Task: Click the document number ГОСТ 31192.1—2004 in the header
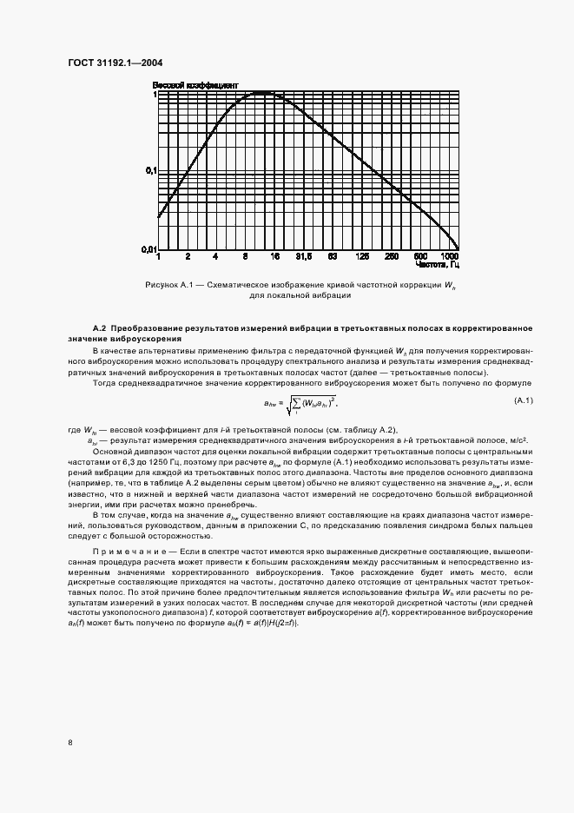115,63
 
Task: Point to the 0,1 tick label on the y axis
148,171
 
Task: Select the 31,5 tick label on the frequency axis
303,257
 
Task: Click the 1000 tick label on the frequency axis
449,257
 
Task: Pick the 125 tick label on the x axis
362,257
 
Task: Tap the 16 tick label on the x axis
274,257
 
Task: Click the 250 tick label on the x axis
391,257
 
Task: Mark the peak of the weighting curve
266,93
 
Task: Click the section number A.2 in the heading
100,326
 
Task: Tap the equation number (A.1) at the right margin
523,400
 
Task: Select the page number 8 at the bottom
69,741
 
